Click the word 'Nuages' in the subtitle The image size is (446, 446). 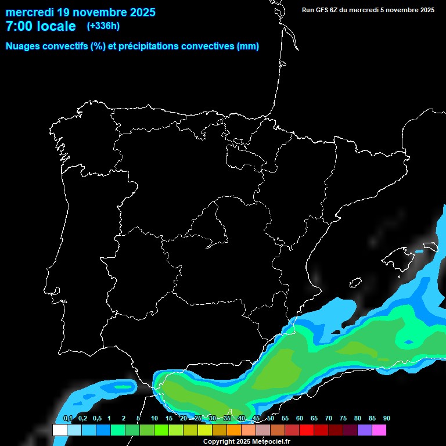(x=23, y=46)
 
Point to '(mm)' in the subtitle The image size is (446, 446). (x=248, y=46)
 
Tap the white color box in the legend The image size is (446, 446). (x=59, y=430)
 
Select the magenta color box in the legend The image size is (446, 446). (x=379, y=430)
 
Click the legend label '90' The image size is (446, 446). (x=386, y=419)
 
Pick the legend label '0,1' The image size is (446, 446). (x=67, y=419)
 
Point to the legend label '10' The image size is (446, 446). (x=154, y=419)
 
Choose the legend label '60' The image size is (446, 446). (x=299, y=419)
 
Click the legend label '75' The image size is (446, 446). (x=343, y=419)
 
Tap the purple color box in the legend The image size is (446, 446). (x=365, y=430)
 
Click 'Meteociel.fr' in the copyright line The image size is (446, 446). (x=271, y=442)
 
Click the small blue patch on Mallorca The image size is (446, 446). (x=419, y=251)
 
